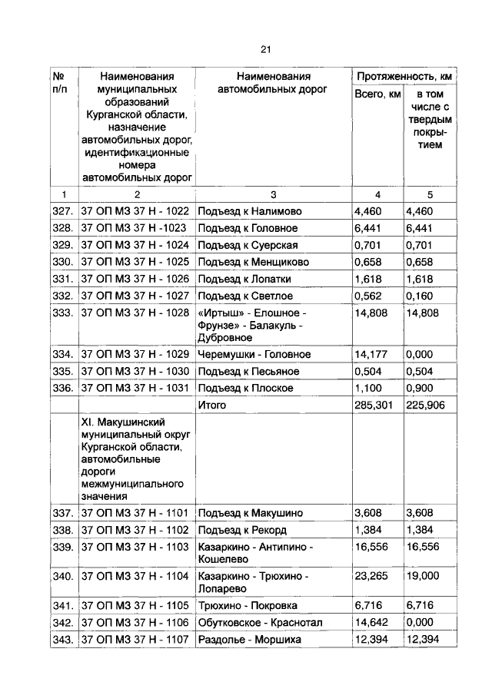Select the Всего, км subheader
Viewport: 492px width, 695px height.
pos(377,94)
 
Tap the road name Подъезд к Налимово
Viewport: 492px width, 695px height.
pos(250,211)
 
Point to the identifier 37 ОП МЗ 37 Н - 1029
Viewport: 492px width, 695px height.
pos(135,354)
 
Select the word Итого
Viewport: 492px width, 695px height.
pos(212,405)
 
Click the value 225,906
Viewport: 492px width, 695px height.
pos(426,405)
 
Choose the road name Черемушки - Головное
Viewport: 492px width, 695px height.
pos(254,354)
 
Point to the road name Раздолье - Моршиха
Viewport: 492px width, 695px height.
pos(249,640)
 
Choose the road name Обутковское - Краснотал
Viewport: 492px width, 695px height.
pos(261,623)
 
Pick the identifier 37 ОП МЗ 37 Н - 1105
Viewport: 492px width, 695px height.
pos(135,606)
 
